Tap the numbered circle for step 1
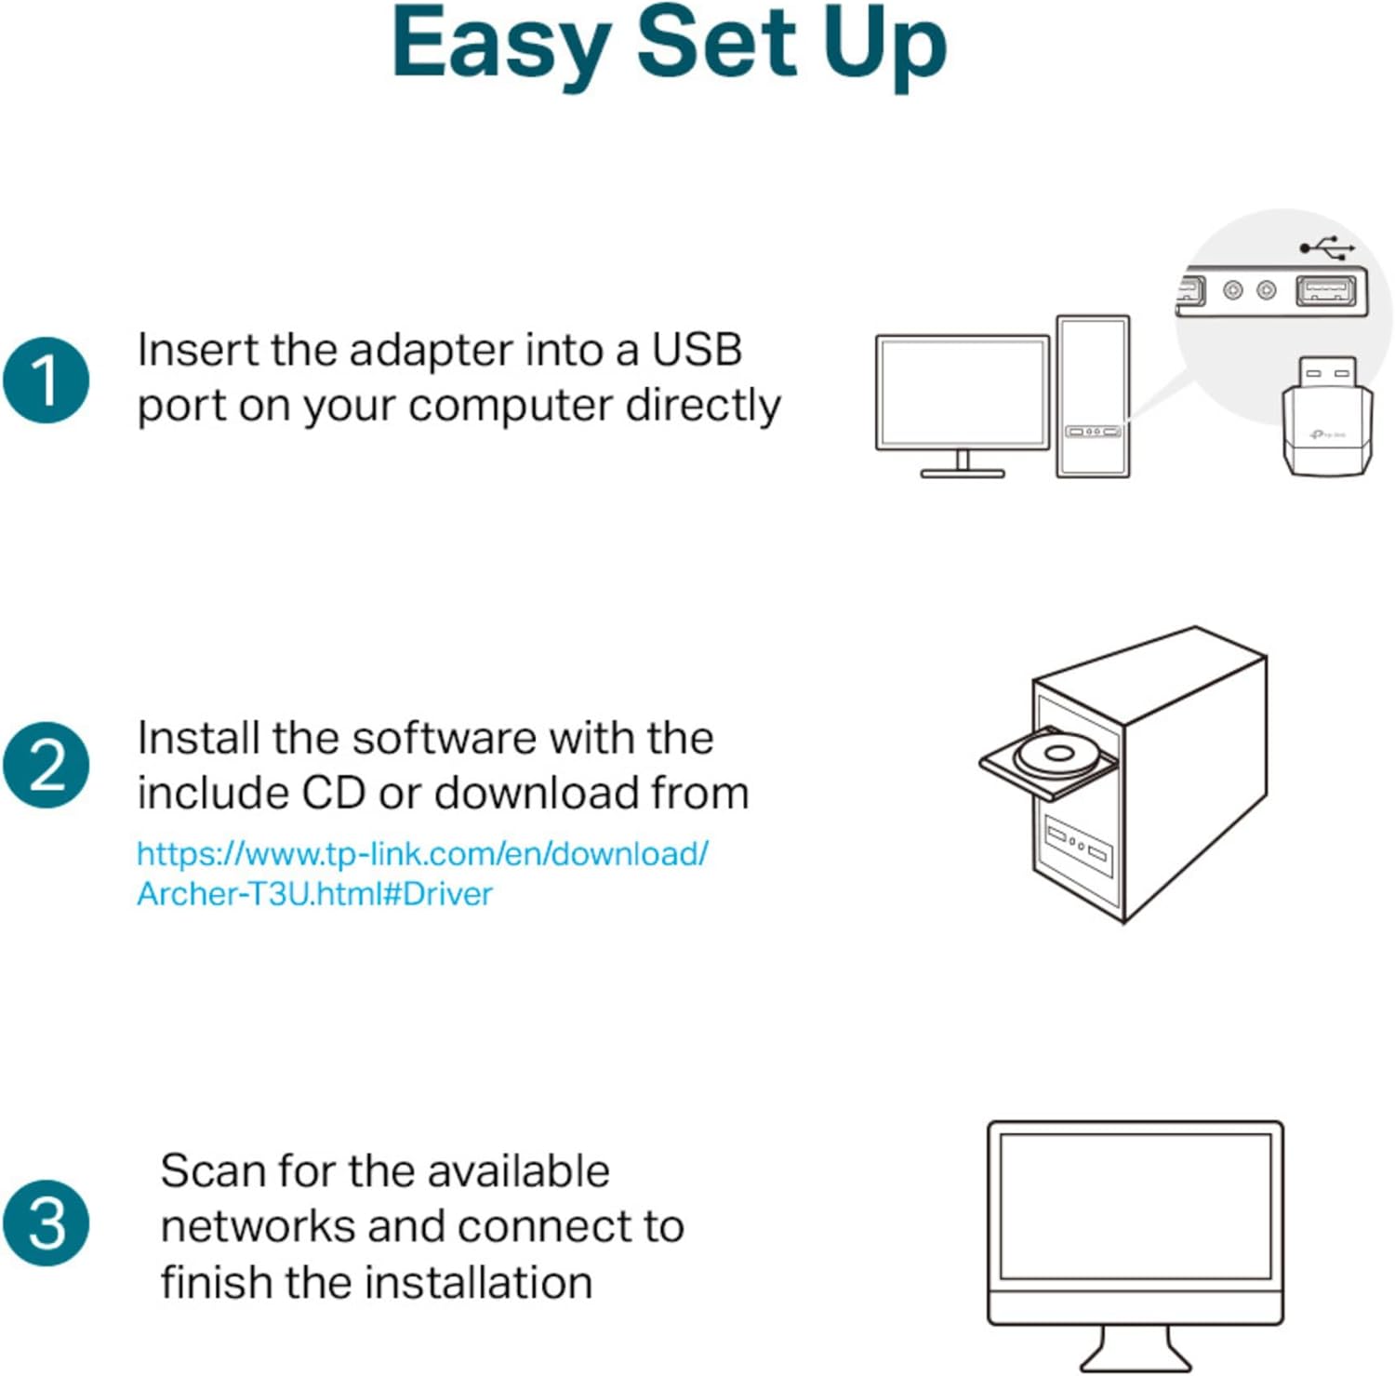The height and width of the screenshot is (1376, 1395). tap(46, 381)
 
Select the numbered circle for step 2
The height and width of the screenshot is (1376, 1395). tap(46, 765)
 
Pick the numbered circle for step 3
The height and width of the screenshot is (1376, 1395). tap(46, 1222)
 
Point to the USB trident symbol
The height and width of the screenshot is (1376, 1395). tap(1327, 247)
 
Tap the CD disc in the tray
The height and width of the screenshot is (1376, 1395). tap(1056, 755)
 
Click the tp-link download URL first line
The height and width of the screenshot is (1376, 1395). tap(422, 853)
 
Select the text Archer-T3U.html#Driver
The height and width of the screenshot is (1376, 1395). tap(314, 894)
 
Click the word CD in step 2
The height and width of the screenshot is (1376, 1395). tap(333, 793)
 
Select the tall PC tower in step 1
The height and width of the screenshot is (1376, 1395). tap(1093, 395)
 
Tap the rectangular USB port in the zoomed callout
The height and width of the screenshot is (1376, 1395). tap(1325, 290)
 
